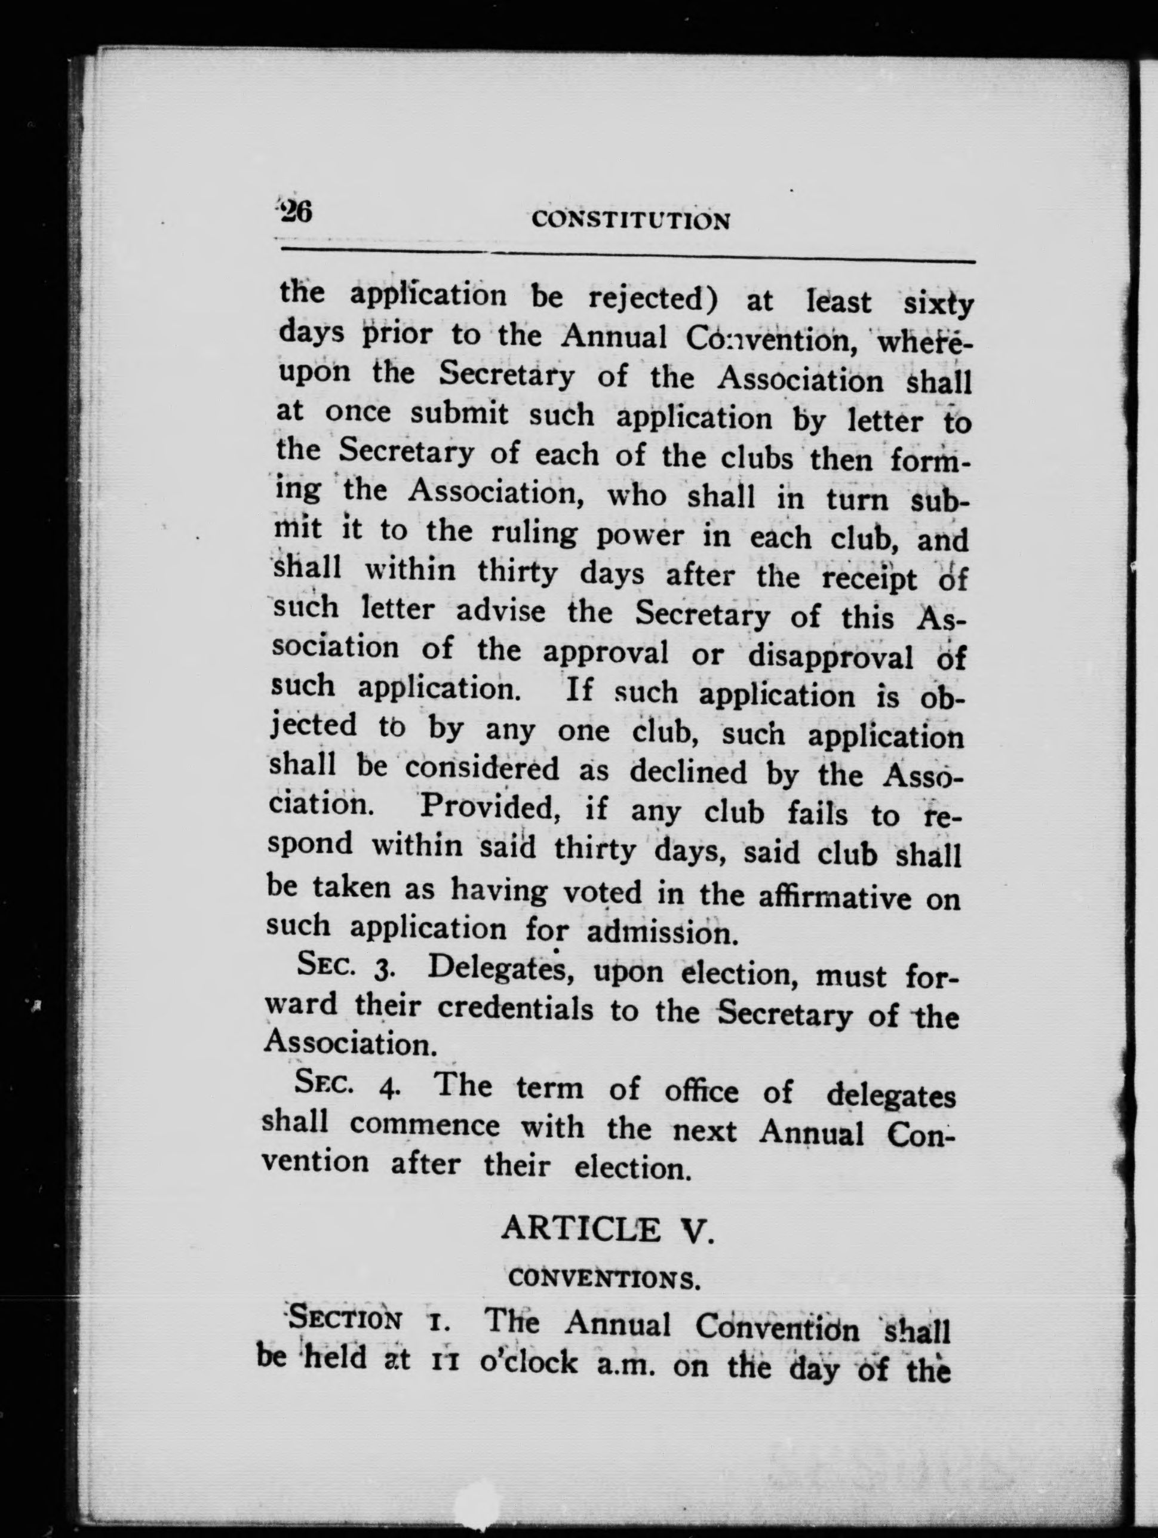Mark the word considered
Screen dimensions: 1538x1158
[482, 768]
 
